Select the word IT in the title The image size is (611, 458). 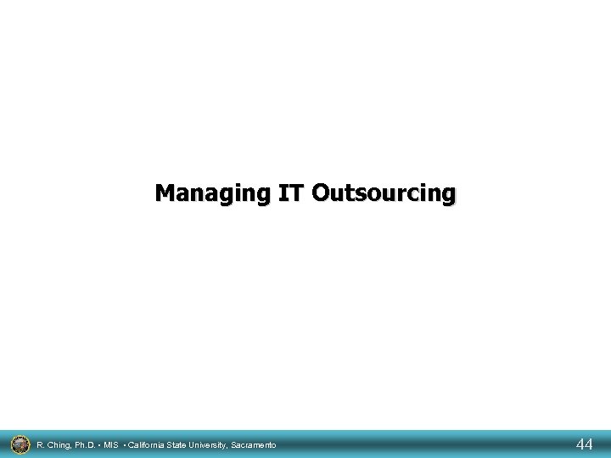(x=289, y=193)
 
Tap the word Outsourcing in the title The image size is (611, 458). (x=383, y=193)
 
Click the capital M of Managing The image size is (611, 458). (x=165, y=193)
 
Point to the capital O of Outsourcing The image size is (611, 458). (x=320, y=193)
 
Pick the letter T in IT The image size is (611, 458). (x=294, y=193)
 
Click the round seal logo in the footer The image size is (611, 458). (x=19, y=444)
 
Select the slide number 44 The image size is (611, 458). (x=584, y=444)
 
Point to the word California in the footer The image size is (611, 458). (x=148, y=444)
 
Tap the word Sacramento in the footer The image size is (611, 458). (x=255, y=444)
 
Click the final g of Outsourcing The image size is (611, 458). (x=447, y=195)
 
